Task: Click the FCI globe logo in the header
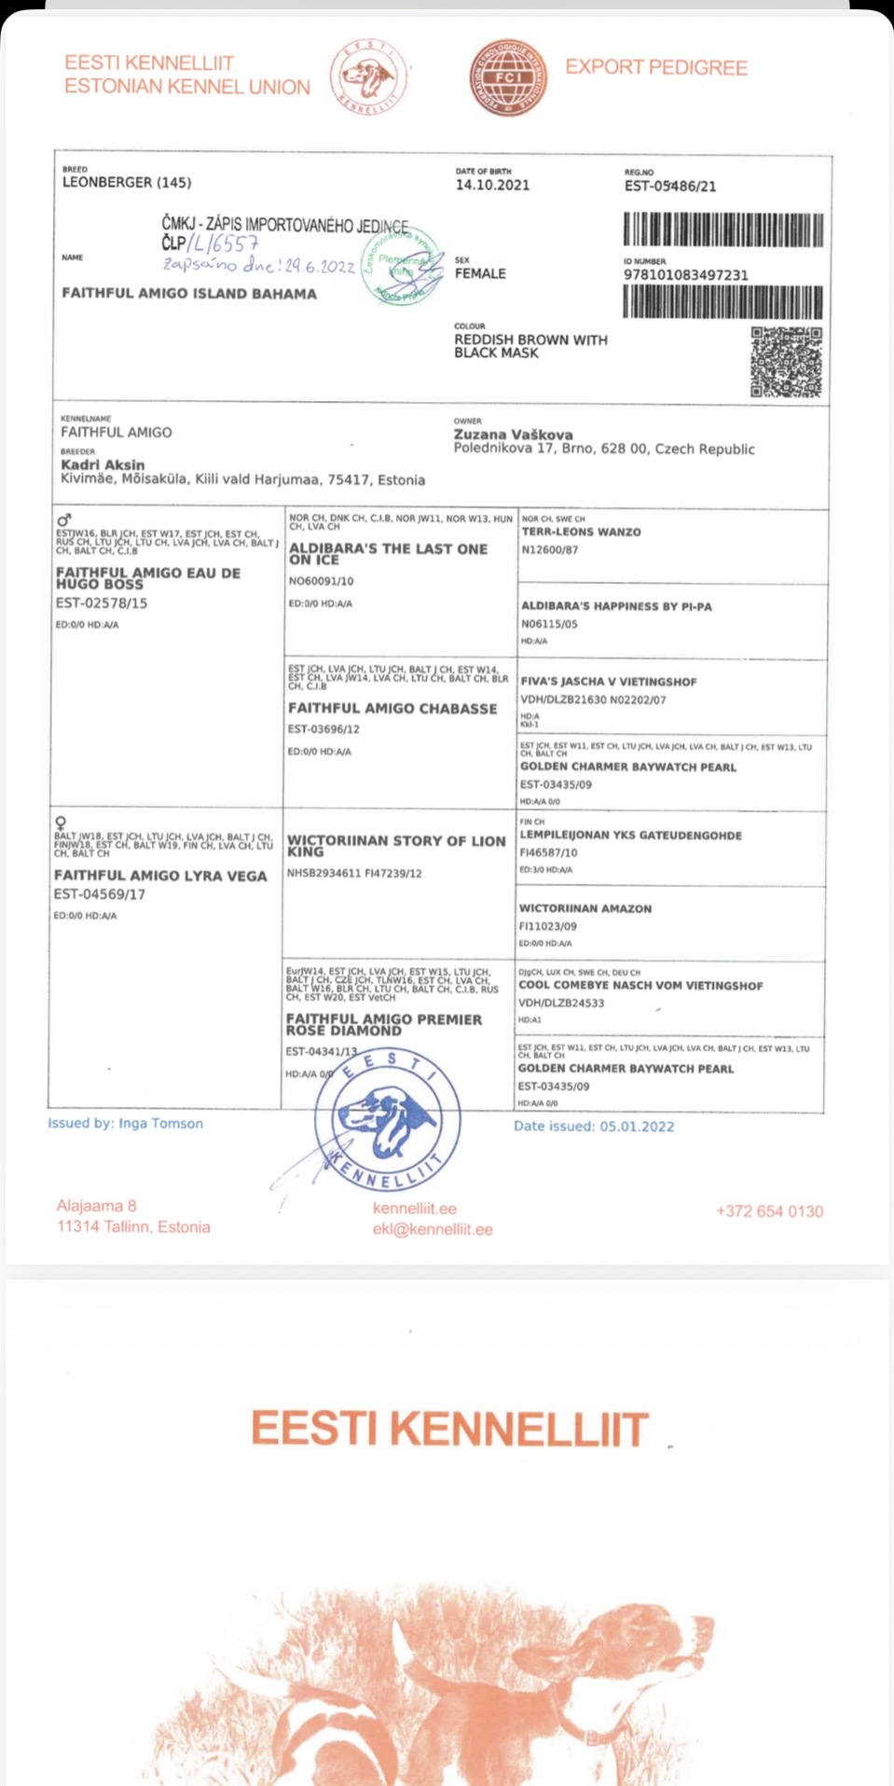click(507, 77)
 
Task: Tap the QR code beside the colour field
click(786, 362)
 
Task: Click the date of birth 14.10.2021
click(492, 185)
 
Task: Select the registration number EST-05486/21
click(670, 187)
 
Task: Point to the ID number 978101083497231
click(685, 275)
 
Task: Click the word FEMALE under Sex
click(480, 273)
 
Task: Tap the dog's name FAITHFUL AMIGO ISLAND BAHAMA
click(189, 293)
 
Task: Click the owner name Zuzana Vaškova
click(513, 435)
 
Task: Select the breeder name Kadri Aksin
click(103, 464)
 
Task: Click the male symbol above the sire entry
click(63, 519)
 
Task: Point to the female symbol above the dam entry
click(61, 823)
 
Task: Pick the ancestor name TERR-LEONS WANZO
click(581, 532)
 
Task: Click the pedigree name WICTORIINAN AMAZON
click(585, 908)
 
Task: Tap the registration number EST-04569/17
click(99, 894)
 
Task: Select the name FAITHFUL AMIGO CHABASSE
click(392, 709)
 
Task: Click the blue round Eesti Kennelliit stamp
click(387, 1120)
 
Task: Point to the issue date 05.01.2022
click(637, 1127)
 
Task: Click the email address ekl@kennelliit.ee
click(433, 1229)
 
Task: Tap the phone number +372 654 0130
click(769, 1211)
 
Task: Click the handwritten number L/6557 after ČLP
click(222, 244)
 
